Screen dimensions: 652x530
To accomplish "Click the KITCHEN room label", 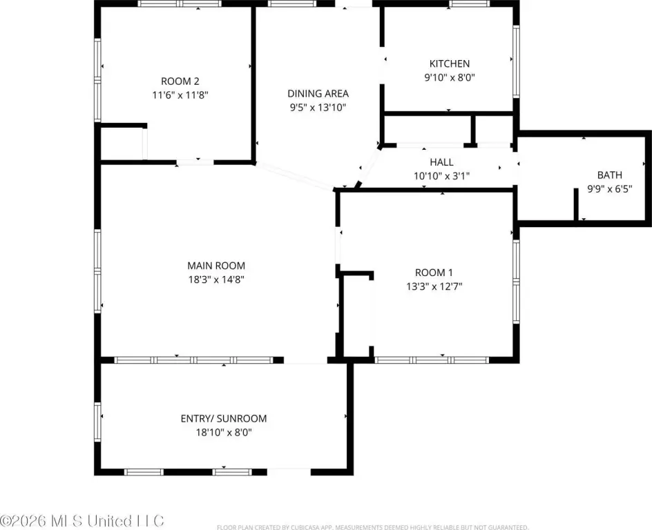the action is [x=450, y=63].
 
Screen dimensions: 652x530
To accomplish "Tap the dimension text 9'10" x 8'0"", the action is [x=450, y=77].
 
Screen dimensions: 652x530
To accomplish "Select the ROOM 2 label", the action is [x=180, y=81].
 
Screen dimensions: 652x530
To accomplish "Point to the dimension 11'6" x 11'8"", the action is [x=180, y=95].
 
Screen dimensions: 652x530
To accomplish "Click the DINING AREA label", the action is [x=318, y=93].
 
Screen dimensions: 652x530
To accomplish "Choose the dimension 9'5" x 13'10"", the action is [x=318, y=108].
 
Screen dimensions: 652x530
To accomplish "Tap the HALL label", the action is [x=441, y=162].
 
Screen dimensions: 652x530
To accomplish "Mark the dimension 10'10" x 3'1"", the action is [x=441, y=176].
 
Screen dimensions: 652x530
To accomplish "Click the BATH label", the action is [x=610, y=175].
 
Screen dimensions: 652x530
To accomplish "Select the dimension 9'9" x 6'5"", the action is [x=610, y=189].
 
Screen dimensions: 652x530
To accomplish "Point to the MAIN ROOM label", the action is [x=216, y=266].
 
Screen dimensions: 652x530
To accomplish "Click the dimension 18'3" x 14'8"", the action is [x=216, y=279].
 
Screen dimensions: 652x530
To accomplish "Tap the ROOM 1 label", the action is [x=434, y=273].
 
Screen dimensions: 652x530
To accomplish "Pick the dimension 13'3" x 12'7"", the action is [x=434, y=286].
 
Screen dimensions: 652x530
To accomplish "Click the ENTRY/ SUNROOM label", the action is [x=224, y=418].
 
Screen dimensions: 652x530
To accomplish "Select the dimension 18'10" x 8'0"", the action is [x=224, y=433].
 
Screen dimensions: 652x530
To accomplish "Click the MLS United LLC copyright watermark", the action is [x=82, y=521].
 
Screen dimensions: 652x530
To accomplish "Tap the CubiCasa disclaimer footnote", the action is [x=372, y=527].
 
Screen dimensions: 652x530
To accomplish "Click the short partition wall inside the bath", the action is [x=576, y=204].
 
